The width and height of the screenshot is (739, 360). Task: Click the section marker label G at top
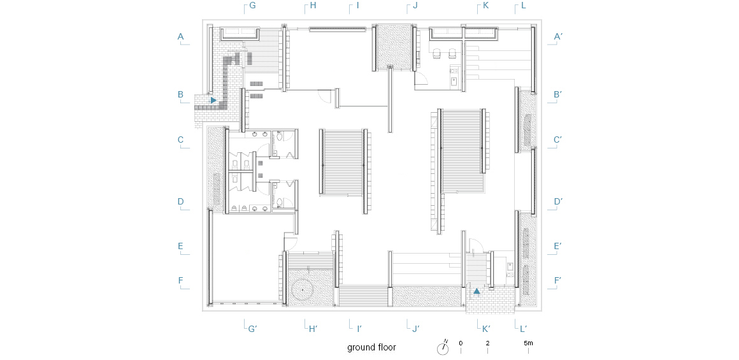pyautogui.click(x=252, y=6)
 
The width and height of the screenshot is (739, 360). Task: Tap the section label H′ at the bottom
pyautogui.click(x=313, y=329)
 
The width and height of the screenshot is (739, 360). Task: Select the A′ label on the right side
pyautogui.click(x=559, y=36)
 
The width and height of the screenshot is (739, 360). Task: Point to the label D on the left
pyautogui.click(x=180, y=201)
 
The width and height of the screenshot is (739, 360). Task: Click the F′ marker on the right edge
pyautogui.click(x=557, y=280)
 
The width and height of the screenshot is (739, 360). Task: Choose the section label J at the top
pyautogui.click(x=415, y=6)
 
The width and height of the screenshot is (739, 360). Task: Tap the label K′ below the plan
pyautogui.click(x=486, y=329)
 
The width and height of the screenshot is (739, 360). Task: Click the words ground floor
pyautogui.click(x=371, y=348)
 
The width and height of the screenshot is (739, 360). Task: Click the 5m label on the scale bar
pyautogui.click(x=528, y=343)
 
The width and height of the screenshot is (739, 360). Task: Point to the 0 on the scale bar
pyautogui.click(x=461, y=343)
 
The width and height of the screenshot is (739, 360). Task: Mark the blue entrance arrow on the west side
pyautogui.click(x=213, y=100)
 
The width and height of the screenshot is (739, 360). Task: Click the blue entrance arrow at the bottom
pyautogui.click(x=477, y=291)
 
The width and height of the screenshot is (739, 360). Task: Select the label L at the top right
pyautogui.click(x=523, y=6)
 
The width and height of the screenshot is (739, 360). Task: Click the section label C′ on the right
pyautogui.click(x=559, y=140)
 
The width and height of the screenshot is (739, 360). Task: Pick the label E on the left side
pyautogui.click(x=180, y=246)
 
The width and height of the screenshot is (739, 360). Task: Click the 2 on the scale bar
pyautogui.click(x=487, y=343)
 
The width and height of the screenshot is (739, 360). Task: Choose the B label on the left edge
pyautogui.click(x=180, y=94)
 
